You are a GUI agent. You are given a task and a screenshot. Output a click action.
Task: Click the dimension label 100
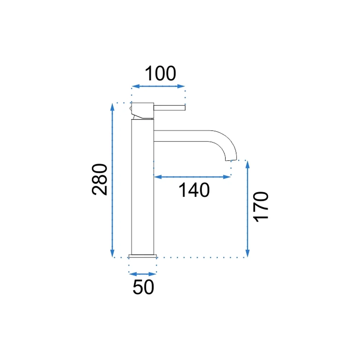pyautogui.click(x=161, y=73)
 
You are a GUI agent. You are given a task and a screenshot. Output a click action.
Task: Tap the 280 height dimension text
pyautogui.click(x=100, y=180)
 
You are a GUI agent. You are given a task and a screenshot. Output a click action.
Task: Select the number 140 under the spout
pyautogui.click(x=194, y=190)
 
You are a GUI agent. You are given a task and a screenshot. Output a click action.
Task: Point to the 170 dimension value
pyautogui.click(x=261, y=207)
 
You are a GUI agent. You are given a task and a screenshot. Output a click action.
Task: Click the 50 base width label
pyautogui.click(x=143, y=287)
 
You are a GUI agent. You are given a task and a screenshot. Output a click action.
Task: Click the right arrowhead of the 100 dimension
pyautogui.click(x=181, y=86)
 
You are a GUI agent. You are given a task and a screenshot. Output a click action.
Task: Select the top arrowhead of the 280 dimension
pyautogui.click(x=112, y=107)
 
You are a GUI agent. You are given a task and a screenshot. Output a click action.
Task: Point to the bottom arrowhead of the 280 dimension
pyautogui.click(x=112, y=253)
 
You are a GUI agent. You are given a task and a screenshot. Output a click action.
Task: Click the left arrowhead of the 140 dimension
pyautogui.click(x=158, y=177)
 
